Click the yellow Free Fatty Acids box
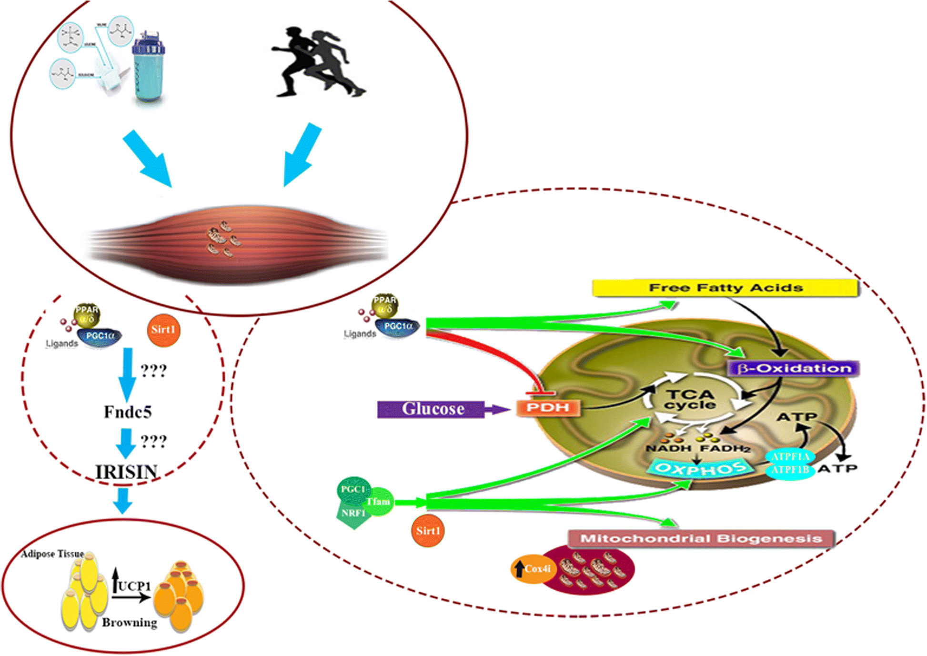725,288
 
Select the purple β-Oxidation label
794,368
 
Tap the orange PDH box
548,408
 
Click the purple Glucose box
431,409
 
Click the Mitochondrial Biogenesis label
701,539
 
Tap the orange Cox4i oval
534,568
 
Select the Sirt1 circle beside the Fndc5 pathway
163,330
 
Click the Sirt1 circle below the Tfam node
427,531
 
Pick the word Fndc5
128,412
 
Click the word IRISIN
127,472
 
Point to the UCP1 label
133,585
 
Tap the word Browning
129,622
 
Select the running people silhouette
318,62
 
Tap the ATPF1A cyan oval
790,456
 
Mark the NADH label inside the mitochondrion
668,448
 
